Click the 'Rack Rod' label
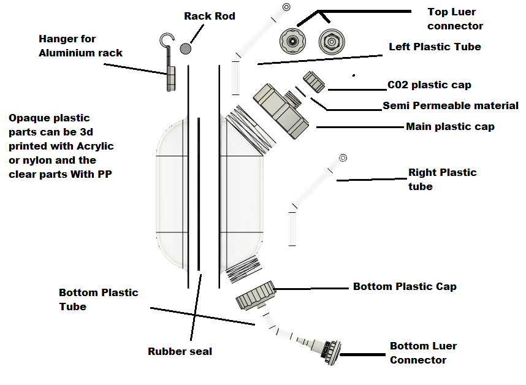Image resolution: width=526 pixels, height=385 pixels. pos(209,16)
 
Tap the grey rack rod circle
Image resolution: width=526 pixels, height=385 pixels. pos(186,47)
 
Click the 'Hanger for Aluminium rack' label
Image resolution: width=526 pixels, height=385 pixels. pos(80,46)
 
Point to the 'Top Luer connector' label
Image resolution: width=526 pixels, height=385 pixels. pos(455,19)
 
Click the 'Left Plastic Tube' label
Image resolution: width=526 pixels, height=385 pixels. pos(435,47)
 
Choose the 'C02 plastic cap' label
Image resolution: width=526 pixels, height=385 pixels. pos(429,85)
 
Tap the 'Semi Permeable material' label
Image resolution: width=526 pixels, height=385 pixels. pos(451,106)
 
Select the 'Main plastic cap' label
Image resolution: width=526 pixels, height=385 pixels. pos(450,127)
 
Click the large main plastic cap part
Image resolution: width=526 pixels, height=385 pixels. pos(279,109)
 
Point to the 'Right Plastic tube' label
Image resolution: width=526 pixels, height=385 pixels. pos(442,179)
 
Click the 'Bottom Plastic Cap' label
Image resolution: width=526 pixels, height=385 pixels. pos(405,286)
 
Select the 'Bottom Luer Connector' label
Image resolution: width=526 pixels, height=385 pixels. pos(423,353)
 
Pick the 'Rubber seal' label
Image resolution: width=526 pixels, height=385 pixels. pos(180,351)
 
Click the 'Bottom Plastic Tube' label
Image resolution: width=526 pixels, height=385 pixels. pos(98,299)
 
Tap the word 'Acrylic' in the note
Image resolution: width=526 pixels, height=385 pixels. pos(94,147)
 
